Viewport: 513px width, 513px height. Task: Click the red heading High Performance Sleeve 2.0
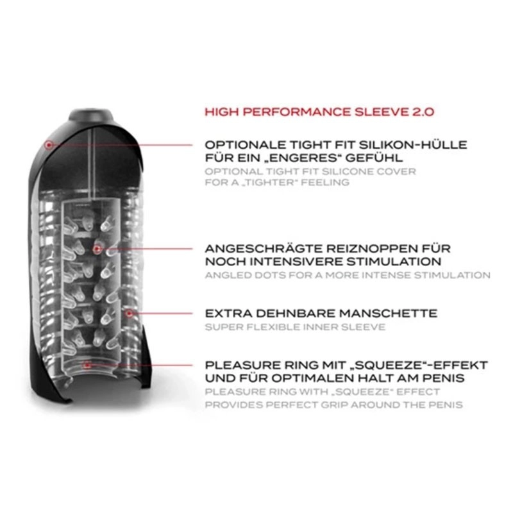(x=319, y=112)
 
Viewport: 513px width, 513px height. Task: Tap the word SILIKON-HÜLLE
(x=413, y=145)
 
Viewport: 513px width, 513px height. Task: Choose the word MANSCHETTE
(x=388, y=314)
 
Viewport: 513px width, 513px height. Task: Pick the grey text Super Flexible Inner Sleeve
(x=295, y=327)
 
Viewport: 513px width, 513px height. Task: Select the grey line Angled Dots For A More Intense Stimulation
(x=348, y=275)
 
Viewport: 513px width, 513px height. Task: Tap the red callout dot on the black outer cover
(x=49, y=144)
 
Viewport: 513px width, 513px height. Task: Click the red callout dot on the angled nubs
(x=97, y=249)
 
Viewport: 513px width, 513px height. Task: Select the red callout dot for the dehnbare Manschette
(x=130, y=314)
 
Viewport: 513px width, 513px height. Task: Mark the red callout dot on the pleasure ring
(x=87, y=364)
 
